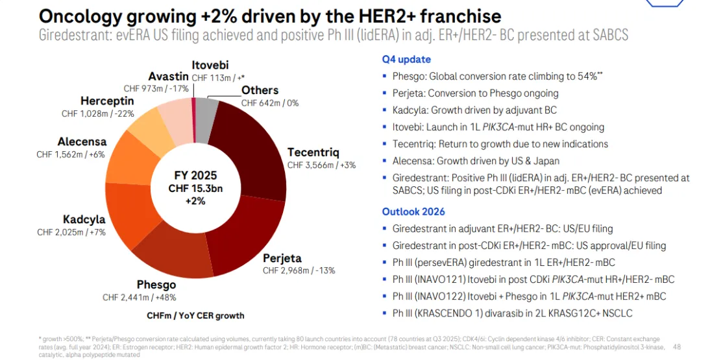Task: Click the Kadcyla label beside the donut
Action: [84, 219]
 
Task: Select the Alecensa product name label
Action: [82, 141]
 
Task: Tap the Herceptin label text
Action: [107, 101]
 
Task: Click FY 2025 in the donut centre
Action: [195, 176]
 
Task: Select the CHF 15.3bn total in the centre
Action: [195, 189]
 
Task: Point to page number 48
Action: [677, 347]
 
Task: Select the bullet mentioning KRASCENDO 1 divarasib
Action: [512, 313]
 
